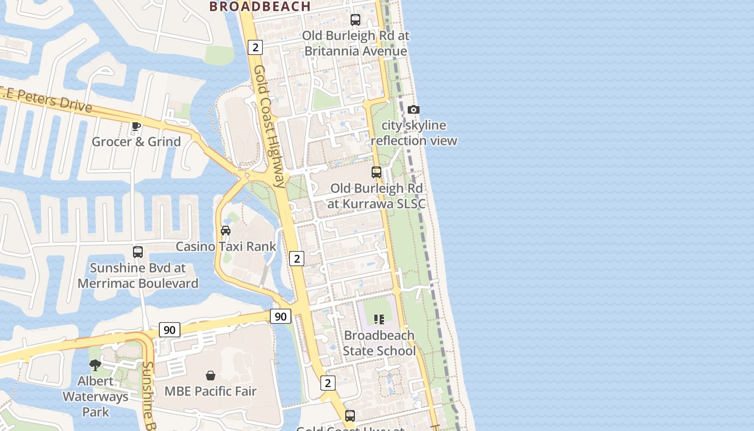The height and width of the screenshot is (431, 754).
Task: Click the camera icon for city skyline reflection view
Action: [413, 110]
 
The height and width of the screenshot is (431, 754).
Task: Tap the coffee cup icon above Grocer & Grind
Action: [136, 126]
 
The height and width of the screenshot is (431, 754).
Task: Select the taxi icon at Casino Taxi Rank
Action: [226, 231]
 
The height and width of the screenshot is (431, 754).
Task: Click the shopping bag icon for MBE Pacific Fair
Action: [211, 376]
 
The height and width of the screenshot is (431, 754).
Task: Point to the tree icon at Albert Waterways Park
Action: [95, 365]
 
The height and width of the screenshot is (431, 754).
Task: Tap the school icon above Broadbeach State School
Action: [379, 319]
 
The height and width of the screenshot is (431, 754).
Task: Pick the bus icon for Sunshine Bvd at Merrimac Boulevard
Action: [138, 252]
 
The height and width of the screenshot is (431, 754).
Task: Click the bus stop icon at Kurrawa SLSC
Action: [376, 172]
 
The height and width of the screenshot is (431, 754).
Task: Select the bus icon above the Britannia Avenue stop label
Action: [355, 20]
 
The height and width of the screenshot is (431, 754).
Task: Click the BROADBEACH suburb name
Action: [260, 6]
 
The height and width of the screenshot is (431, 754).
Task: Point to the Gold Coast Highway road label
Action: [269, 127]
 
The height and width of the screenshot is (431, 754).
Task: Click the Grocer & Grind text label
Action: [136, 142]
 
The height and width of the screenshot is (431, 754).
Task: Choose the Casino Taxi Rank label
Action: [226, 247]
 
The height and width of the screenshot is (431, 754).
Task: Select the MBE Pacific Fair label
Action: [211, 391]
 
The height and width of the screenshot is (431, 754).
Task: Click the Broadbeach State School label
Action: [380, 343]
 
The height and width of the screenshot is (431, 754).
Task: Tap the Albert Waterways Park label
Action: [96, 397]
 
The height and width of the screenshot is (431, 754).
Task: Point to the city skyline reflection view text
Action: [414, 133]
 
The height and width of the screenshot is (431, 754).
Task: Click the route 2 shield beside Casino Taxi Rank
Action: [297, 259]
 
